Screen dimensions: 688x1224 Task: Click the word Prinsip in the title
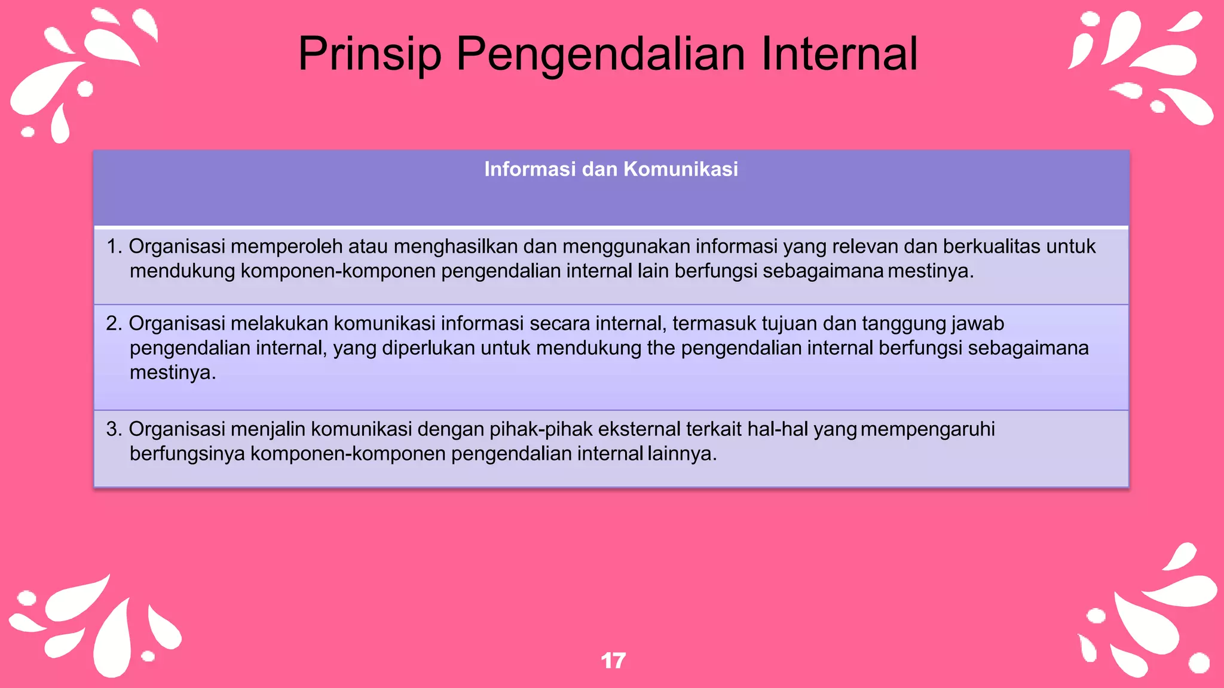(369, 54)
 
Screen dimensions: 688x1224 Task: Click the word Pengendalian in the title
(601, 54)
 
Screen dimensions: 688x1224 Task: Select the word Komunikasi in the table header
(681, 169)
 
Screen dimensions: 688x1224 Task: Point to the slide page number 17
(613, 661)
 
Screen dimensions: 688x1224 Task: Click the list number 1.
(113, 246)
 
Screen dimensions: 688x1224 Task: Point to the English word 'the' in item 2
(661, 348)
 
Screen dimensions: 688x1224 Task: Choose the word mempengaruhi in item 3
(928, 429)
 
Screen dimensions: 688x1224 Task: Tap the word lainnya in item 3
(681, 453)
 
